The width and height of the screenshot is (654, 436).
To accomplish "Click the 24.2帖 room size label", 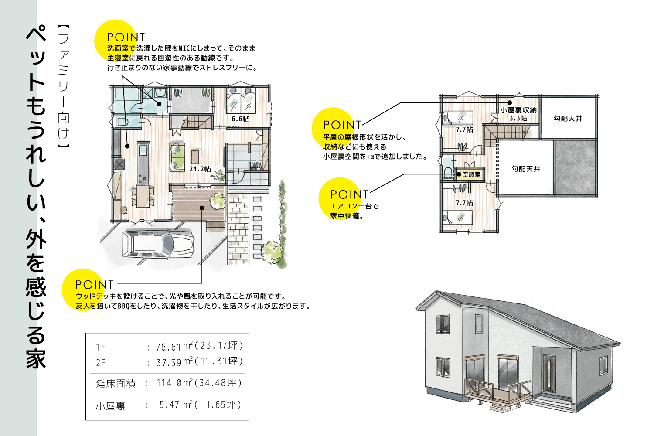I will pos(200,169).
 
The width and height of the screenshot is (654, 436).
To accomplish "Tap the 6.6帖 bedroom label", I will pos(240,119).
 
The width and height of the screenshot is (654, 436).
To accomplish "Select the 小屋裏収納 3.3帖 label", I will pos(518,114).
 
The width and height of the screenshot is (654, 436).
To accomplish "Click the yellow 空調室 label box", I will pos(471,174).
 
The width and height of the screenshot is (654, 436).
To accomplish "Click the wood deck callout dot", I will pos(202,208).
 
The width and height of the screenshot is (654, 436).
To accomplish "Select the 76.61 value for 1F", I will pos(168,347).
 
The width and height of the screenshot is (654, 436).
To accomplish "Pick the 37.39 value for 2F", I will pos(169,362).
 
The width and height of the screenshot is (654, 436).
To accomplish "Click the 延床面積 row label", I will pos(116,384).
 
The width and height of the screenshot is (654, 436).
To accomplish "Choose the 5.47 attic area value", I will pos(169,405).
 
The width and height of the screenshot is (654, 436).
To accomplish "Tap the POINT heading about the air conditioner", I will pos(349,194).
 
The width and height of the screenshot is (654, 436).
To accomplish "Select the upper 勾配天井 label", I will pos(568,118).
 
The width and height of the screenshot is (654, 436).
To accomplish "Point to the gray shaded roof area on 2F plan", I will pos(576,167).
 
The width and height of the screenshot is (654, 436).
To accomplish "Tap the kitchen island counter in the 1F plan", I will pos(143,163).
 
